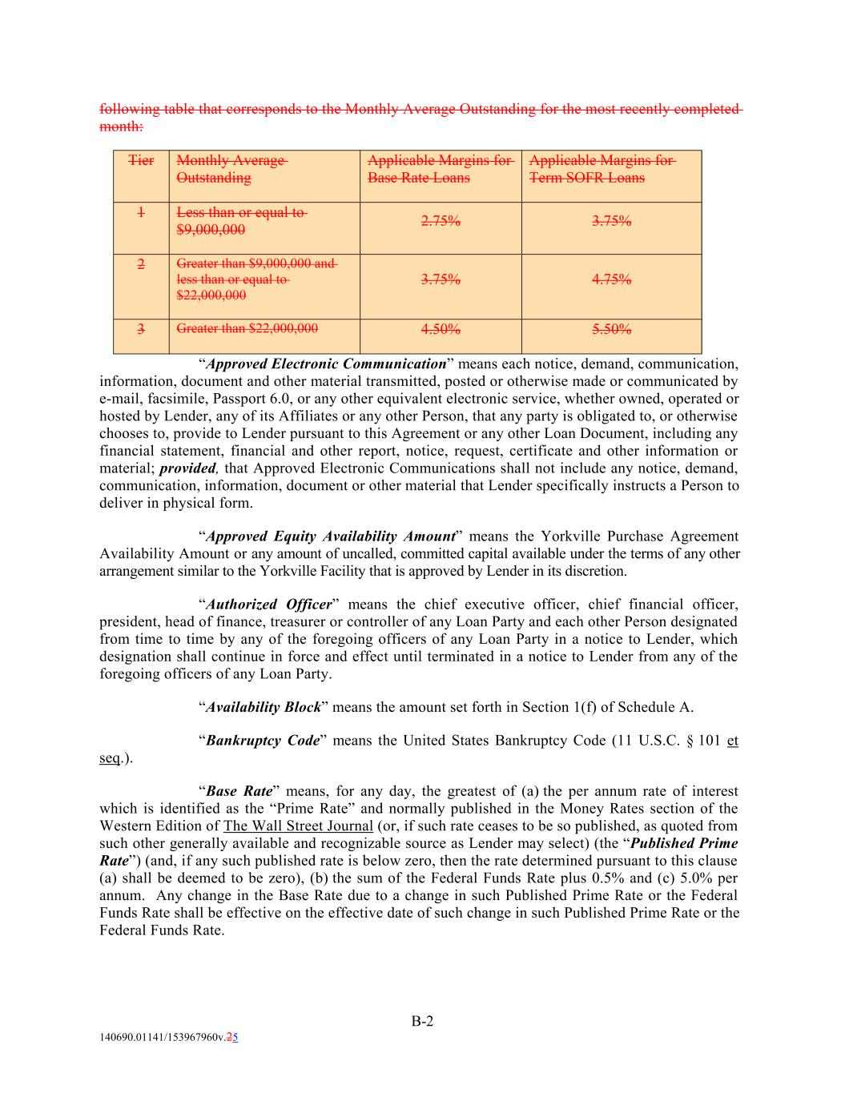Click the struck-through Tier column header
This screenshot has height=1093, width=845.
pos(141,161)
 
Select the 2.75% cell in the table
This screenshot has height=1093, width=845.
pos(441,222)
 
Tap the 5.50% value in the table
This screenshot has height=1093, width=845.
pos(611,329)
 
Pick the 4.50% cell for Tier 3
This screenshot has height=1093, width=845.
pos(441,329)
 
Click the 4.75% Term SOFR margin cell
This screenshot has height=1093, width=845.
pos(611,279)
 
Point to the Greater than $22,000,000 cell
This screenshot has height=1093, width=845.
pos(247,328)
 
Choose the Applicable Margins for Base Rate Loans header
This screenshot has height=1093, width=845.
pos(440,169)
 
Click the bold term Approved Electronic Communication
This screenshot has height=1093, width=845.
pos(326,364)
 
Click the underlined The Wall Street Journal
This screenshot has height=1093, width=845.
pos(298,826)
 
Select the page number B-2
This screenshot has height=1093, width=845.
pos(423,1021)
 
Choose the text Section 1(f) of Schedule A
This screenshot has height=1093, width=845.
pos(607,707)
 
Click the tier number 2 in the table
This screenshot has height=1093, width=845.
pos(141,265)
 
